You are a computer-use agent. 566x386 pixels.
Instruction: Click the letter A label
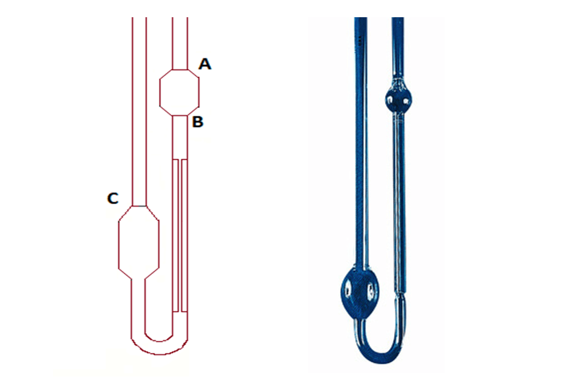(205, 64)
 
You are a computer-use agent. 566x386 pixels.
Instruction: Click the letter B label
(198, 122)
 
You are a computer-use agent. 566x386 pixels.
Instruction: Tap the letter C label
(113, 199)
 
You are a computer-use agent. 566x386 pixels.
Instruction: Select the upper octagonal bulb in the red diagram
(179, 92)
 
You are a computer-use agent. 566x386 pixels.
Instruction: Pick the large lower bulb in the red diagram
(139, 242)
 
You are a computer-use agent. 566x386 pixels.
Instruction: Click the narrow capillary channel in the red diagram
(180, 235)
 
